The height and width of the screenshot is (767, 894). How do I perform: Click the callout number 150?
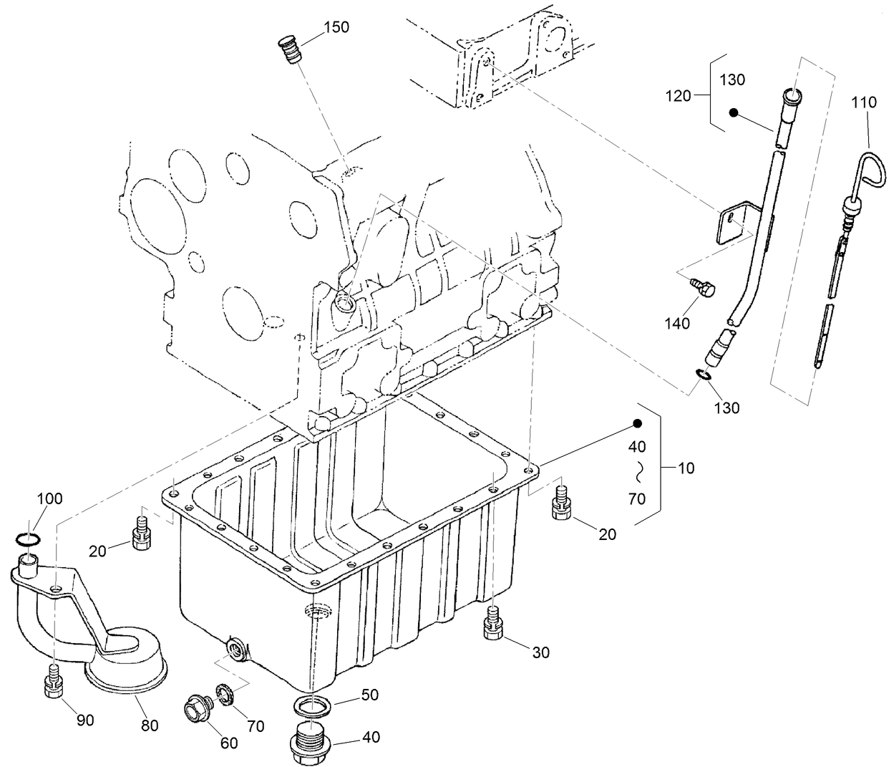click(x=336, y=27)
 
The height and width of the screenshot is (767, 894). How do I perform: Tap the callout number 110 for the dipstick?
click(x=863, y=102)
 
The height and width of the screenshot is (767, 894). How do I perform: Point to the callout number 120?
click(x=679, y=95)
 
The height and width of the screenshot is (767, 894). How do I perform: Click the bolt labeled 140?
click(x=704, y=289)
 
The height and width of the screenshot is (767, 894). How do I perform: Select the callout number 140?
click(x=676, y=324)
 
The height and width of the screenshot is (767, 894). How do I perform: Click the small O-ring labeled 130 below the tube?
click(x=703, y=375)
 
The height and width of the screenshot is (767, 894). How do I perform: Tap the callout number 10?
click(x=686, y=468)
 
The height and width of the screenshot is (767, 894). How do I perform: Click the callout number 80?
click(x=149, y=725)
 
